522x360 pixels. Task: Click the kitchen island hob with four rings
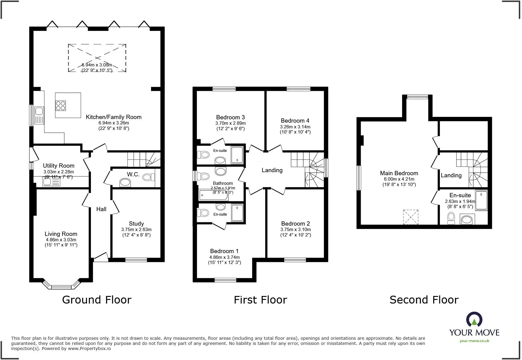61,105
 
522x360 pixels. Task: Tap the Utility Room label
59,166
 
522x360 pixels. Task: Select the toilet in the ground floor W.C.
147,177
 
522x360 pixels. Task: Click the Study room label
136,223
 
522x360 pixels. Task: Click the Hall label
101,209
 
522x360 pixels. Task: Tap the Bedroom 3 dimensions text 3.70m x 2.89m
230,123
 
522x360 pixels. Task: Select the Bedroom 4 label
295,121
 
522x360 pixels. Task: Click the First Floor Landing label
272,170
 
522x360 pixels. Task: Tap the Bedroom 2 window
295,259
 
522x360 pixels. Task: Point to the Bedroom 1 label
224,251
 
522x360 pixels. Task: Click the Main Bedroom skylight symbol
411,217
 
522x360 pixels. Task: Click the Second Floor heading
424,300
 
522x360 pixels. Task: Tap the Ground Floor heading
97,300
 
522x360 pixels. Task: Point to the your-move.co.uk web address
474,341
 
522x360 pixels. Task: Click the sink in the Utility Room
47,182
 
